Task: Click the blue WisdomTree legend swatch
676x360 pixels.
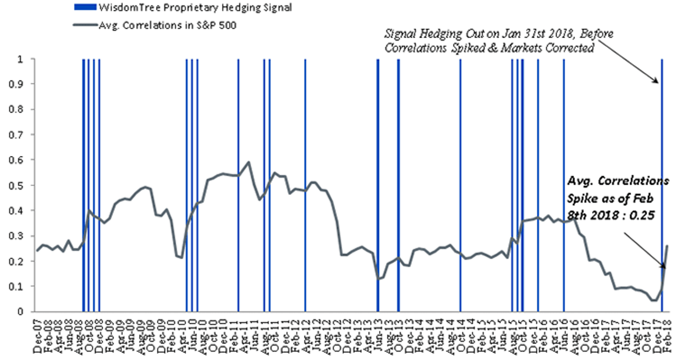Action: click(x=86, y=7)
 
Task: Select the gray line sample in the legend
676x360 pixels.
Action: click(x=86, y=25)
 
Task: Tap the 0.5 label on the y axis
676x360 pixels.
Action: click(x=16, y=185)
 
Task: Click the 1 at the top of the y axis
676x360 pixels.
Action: click(x=20, y=59)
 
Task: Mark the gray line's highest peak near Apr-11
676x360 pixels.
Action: click(x=248, y=162)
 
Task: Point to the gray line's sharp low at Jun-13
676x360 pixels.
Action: click(x=378, y=279)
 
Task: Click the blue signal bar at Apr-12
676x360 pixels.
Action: click(x=305, y=185)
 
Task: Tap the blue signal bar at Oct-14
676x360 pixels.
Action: click(x=460, y=185)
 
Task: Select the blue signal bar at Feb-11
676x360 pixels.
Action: click(x=238, y=185)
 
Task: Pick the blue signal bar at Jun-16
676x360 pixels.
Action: click(x=563, y=185)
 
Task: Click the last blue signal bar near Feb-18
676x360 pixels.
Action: click(x=662, y=185)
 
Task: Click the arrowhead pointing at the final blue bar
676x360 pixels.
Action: click(x=656, y=80)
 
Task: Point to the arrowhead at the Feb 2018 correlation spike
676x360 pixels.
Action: click(x=662, y=266)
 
